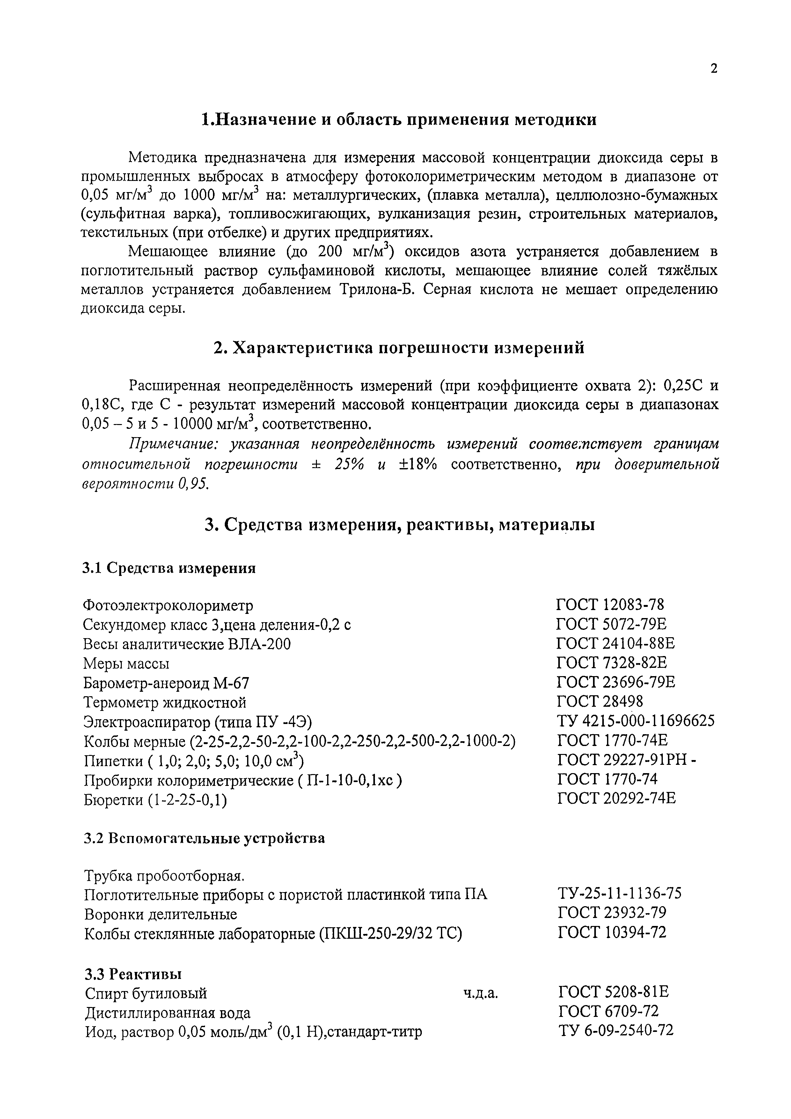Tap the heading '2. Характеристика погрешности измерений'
[399, 348]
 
